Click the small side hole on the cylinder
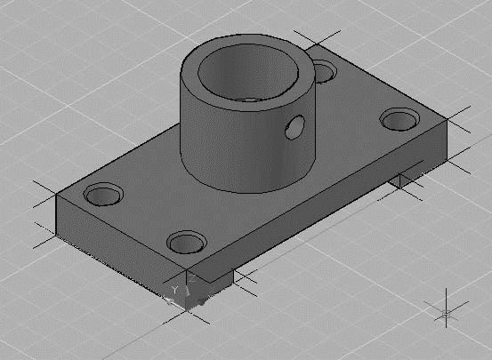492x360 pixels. click(x=293, y=130)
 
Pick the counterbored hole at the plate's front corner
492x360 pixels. click(x=185, y=241)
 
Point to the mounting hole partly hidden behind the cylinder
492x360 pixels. click(x=325, y=69)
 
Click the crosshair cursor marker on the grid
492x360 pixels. click(x=447, y=313)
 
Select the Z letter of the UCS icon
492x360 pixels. click(x=190, y=276)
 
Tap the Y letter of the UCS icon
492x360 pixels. click(x=175, y=290)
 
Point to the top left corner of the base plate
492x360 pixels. click(x=58, y=194)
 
